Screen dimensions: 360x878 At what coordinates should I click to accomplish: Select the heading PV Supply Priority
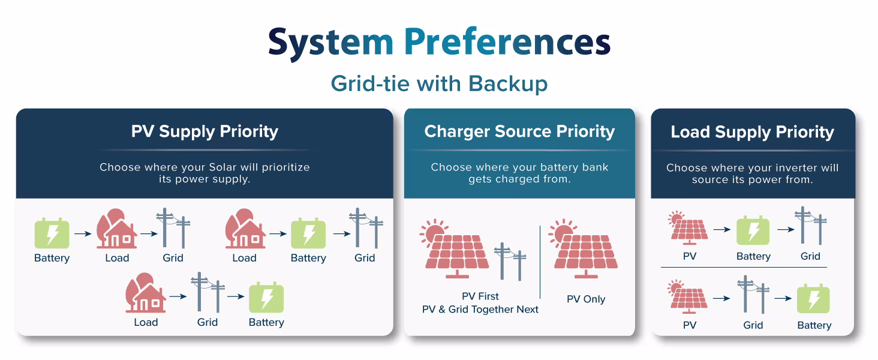point(205,131)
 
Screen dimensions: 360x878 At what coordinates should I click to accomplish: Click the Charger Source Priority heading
point(519,131)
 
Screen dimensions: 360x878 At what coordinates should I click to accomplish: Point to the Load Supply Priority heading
point(752,132)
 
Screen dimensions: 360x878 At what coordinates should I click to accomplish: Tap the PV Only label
point(586,299)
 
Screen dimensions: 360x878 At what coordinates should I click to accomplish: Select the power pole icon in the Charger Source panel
point(510,262)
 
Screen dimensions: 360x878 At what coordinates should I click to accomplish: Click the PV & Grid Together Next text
point(480,310)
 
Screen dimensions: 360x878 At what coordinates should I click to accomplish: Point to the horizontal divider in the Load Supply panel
point(744,267)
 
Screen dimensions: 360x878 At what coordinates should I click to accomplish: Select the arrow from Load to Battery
point(277,233)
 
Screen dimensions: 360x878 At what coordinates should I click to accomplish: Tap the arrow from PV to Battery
point(723,229)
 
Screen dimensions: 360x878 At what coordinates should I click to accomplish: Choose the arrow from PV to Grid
point(723,298)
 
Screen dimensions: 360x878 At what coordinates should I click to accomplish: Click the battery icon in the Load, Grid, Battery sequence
point(266,298)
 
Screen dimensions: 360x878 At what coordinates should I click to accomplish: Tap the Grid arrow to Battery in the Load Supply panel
point(783,298)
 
